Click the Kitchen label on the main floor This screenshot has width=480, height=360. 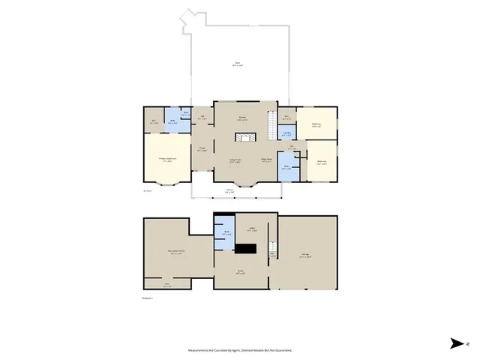coord(243,118)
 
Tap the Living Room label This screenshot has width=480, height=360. coord(235,160)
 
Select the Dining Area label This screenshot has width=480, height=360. coord(266,160)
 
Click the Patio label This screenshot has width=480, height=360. coord(237,64)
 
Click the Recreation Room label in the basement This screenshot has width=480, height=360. coord(177,253)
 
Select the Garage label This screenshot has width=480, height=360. coord(306,256)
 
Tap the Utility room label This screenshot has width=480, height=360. coord(253,229)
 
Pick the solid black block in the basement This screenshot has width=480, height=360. coord(246,249)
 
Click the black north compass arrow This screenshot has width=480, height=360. coord(457,343)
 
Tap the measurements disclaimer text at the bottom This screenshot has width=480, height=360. coord(240,350)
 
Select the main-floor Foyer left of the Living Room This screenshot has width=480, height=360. coord(202,149)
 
